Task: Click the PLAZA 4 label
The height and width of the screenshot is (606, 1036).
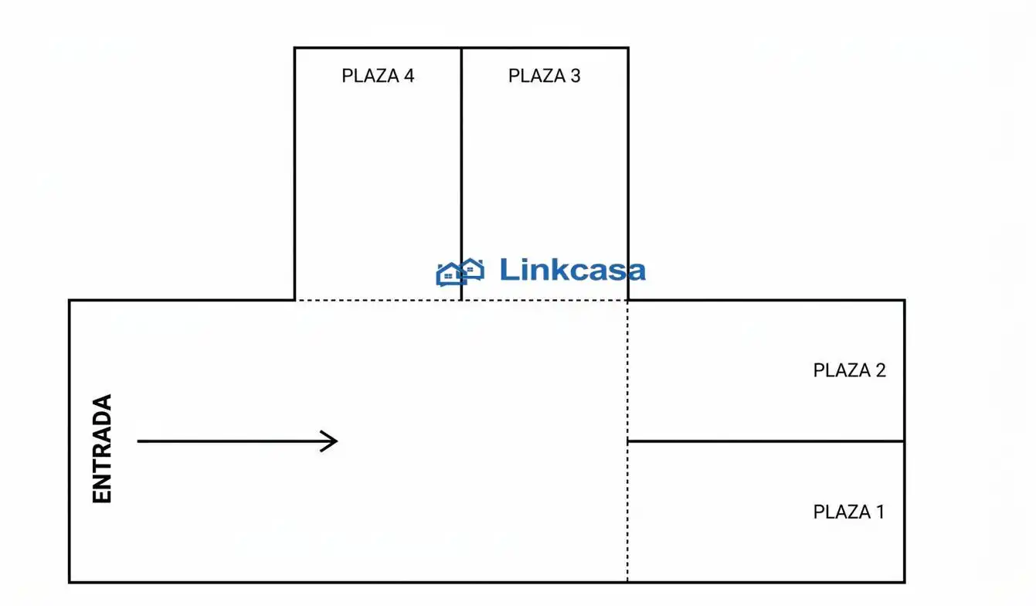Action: point(378,76)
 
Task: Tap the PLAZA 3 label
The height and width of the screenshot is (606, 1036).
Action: point(545,76)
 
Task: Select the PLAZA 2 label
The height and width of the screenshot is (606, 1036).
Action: point(850,370)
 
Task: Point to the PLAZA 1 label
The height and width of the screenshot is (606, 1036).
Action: point(849,512)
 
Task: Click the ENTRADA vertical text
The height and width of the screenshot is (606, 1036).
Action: point(102,448)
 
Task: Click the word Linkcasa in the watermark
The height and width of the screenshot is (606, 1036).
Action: point(572,270)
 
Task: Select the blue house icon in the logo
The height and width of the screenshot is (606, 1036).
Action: point(460,272)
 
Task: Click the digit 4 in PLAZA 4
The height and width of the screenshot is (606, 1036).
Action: point(409,76)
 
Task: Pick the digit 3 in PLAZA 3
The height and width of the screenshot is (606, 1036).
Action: point(576,76)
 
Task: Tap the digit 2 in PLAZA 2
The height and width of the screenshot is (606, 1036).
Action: point(881,370)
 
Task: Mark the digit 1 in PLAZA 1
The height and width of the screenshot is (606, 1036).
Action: point(880,512)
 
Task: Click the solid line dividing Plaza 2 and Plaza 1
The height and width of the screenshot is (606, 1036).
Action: point(766,441)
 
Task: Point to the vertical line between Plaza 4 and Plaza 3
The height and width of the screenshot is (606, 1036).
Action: point(461,174)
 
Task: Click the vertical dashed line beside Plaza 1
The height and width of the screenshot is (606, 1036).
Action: point(627,441)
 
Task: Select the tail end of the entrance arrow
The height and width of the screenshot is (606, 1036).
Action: point(138,441)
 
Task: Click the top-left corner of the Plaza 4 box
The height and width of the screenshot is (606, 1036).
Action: point(294,48)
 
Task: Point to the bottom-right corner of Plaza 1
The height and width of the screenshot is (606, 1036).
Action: point(905,582)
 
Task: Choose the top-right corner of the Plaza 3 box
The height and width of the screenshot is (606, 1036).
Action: point(628,48)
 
